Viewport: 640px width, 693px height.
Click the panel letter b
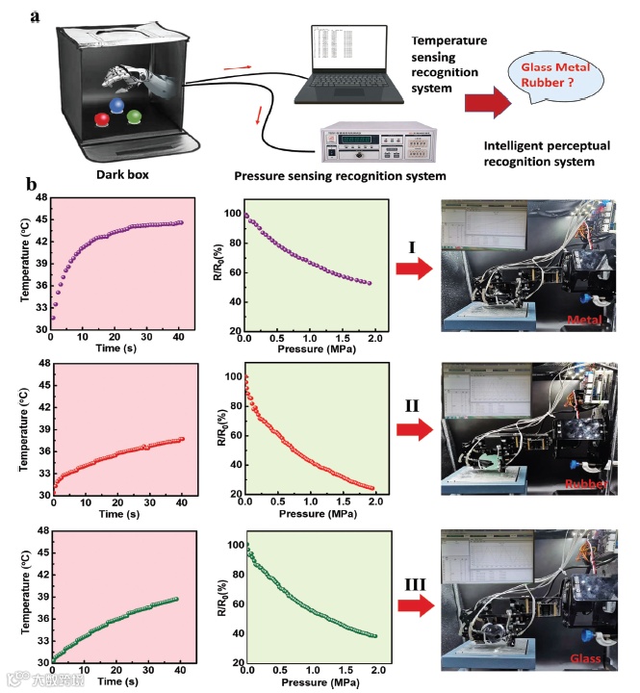(32, 184)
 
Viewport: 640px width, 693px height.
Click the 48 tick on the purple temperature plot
(40, 197)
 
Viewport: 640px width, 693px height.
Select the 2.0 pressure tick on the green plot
(377, 670)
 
